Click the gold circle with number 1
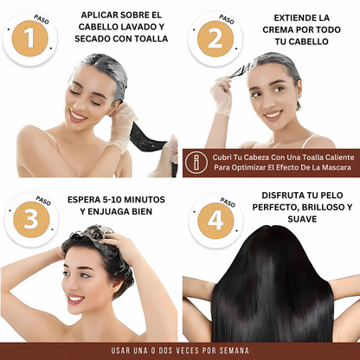click(x=31, y=38)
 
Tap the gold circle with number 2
click(x=215, y=38)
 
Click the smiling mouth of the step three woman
click(x=76, y=299)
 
